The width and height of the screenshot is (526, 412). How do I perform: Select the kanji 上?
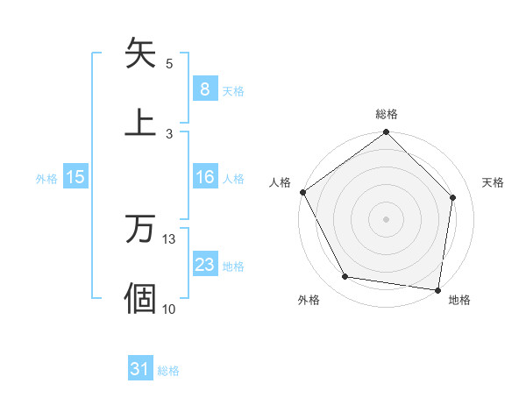141,122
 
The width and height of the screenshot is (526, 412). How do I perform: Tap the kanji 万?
141,230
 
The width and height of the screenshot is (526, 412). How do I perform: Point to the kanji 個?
141,298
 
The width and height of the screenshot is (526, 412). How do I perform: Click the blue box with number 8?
204,89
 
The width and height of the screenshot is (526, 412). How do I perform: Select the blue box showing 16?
204,177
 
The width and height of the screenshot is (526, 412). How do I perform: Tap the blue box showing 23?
204,265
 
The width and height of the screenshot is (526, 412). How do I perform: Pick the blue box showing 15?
75,177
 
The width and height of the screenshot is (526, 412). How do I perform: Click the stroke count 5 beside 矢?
169,64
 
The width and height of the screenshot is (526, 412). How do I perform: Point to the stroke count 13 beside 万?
169,239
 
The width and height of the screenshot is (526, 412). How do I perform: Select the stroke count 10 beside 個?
169,308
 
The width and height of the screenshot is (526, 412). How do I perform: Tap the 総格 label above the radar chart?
387,114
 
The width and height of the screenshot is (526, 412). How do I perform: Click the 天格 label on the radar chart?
493,182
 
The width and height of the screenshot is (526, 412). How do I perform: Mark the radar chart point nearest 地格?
437,289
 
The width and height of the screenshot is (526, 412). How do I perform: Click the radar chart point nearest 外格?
345,277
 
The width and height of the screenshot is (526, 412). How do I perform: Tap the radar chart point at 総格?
387,133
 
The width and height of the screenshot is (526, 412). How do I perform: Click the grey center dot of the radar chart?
387,218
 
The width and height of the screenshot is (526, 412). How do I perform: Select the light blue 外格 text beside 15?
46,178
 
